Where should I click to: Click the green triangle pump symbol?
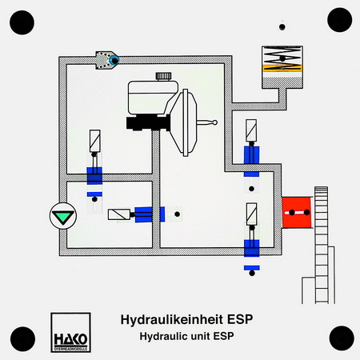pos(63,216)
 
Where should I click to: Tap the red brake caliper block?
pos(297,212)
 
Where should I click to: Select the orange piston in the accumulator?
pos(282,68)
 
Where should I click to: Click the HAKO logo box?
pos(70,333)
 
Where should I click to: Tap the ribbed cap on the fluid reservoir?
pos(163,76)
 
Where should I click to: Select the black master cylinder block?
pos(148,122)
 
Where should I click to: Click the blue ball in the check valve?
pos(114,60)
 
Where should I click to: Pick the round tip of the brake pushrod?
pos(214,122)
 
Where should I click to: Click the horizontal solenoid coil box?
pos(119,214)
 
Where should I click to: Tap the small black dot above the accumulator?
pos(282,27)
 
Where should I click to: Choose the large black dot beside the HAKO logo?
pos(22,339)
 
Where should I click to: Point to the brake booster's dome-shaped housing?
pos(184,122)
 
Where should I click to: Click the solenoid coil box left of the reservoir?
pos(94,141)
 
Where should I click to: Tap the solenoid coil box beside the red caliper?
pos(251,214)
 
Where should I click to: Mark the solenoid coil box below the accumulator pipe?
pos(251,130)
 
